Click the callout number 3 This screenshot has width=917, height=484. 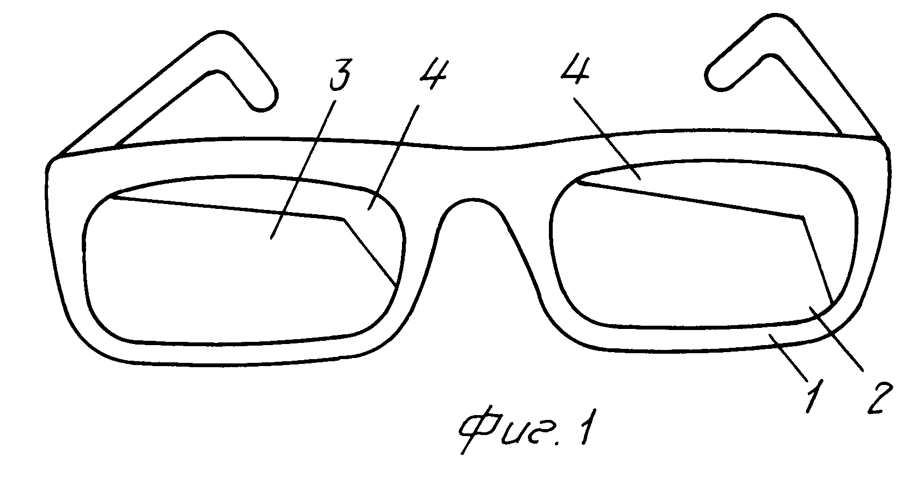tap(340, 75)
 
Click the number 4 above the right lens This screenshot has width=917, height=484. tap(576, 69)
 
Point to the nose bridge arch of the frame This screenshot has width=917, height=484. tap(471, 200)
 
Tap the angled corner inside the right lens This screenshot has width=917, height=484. tap(803, 217)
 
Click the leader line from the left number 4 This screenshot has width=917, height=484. tap(393, 158)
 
